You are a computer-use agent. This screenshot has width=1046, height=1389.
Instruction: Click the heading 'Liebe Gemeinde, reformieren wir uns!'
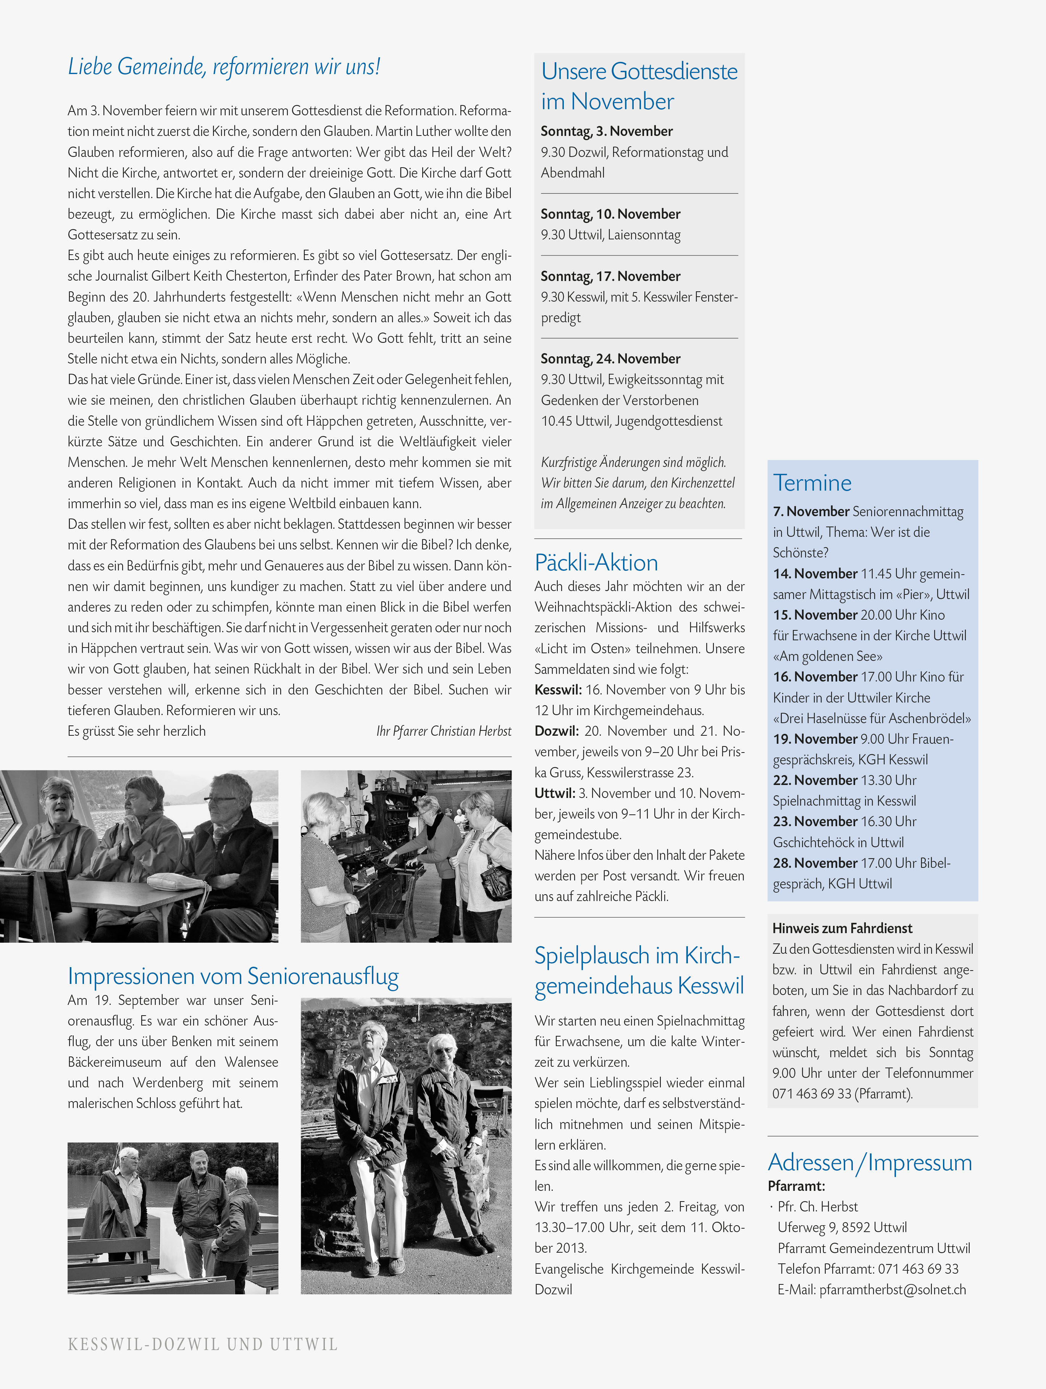(x=224, y=66)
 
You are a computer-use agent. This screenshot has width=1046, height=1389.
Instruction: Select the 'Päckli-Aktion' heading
(x=596, y=563)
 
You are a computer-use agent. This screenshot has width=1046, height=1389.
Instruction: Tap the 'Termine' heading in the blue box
(x=812, y=483)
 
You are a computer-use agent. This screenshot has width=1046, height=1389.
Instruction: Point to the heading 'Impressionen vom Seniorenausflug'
(x=233, y=976)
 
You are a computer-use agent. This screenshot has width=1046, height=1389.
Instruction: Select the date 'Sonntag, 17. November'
(x=610, y=276)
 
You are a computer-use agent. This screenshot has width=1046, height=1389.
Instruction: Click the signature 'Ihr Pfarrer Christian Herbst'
(x=443, y=731)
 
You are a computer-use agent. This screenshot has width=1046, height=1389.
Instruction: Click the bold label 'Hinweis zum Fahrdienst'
(x=842, y=928)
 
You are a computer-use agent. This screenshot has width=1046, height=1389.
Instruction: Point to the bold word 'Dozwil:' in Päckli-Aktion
(x=556, y=731)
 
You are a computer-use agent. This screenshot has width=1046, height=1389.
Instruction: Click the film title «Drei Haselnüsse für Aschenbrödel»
(x=872, y=718)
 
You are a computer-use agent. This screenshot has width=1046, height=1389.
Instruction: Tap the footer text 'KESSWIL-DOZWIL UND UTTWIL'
(x=203, y=1344)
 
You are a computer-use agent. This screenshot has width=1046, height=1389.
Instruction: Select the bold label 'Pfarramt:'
(x=796, y=1186)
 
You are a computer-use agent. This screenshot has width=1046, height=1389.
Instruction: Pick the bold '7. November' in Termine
(x=810, y=511)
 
